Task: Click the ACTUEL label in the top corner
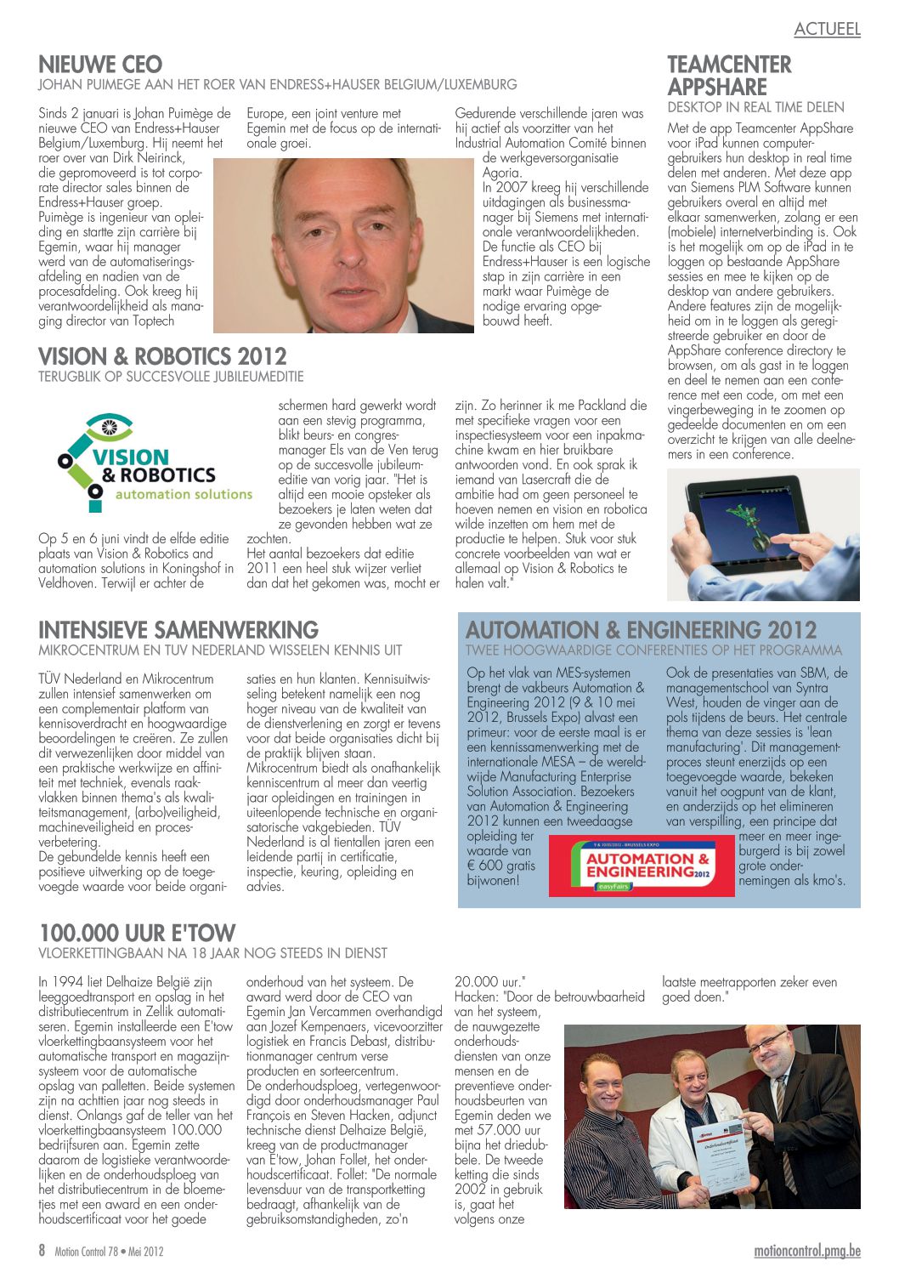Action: [x=827, y=29]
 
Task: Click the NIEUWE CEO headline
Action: [x=100, y=65]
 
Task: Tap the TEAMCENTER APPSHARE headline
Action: [x=729, y=76]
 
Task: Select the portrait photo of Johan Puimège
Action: [x=343, y=245]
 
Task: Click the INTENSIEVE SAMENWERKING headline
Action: [x=178, y=630]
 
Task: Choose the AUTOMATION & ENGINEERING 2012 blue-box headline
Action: [x=641, y=630]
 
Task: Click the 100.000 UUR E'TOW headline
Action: [x=137, y=933]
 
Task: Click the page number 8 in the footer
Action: [x=42, y=1251]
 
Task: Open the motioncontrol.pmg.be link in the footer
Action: [x=807, y=1252]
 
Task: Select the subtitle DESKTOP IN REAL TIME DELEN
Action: [x=755, y=107]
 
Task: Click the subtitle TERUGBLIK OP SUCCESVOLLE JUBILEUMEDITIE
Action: [x=171, y=377]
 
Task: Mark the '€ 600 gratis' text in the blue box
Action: [x=501, y=866]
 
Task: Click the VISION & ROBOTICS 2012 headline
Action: [x=162, y=356]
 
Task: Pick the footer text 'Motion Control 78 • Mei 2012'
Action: [x=109, y=1252]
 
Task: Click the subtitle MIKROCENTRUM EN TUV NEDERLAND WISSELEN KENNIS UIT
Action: [x=220, y=650]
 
